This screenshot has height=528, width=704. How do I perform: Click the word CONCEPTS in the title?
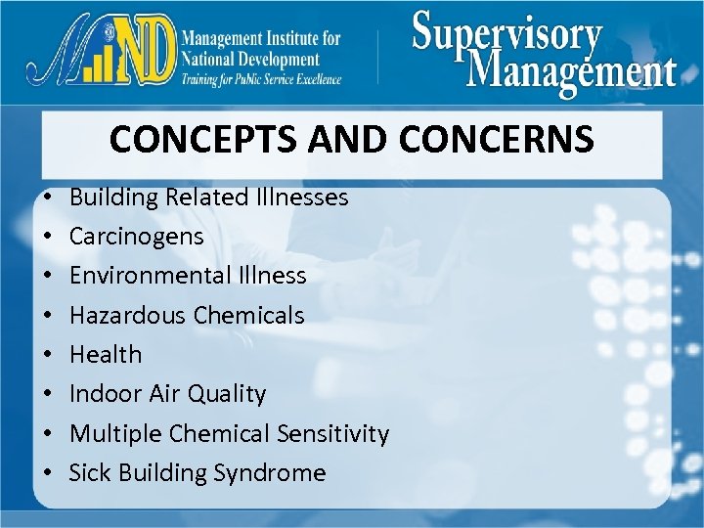pyautogui.click(x=191, y=139)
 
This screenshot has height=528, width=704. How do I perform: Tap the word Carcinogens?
pyautogui.click(x=137, y=237)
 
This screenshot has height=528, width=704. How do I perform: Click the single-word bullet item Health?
pyautogui.click(x=106, y=354)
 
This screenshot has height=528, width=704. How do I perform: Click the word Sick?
pyautogui.click(x=89, y=473)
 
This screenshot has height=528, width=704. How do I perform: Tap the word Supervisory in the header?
pyautogui.click(x=506, y=35)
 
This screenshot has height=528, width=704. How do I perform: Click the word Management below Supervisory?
pyautogui.click(x=572, y=71)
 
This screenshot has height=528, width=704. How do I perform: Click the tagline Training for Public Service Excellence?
pyautogui.click(x=261, y=79)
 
